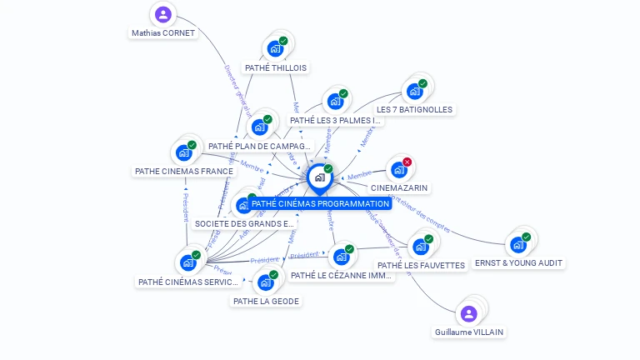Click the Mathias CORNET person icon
click(x=163, y=14)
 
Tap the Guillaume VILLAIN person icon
click(x=468, y=313)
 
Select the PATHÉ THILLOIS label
click(x=276, y=67)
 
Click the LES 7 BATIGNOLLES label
click(x=414, y=109)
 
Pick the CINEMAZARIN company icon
click(x=398, y=169)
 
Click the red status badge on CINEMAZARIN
click(x=407, y=162)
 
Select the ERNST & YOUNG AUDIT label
click(x=518, y=262)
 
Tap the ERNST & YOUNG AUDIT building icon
click(x=517, y=244)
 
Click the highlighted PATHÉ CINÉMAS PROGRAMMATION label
click(x=320, y=203)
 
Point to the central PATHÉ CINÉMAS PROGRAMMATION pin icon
click(x=319, y=177)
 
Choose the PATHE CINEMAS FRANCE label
click(x=184, y=171)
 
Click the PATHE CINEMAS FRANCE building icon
click(x=183, y=152)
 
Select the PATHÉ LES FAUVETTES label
click(x=421, y=265)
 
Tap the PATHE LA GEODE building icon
click(x=265, y=282)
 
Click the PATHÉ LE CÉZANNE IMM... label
click(x=341, y=275)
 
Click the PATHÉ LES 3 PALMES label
click(x=335, y=120)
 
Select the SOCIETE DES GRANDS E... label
click(x=244, y=223)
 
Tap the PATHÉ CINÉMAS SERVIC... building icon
click(x=188, y=262)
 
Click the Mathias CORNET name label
click(x=163, y=33)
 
